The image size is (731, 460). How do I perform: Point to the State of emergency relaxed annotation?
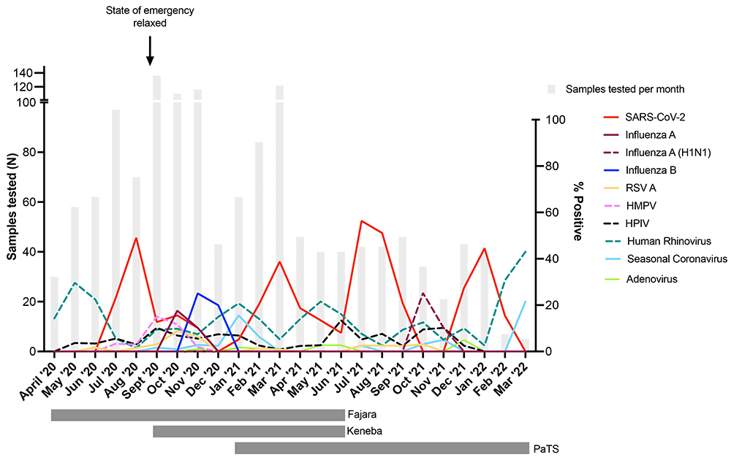pyautogui.click(x=150, y=15)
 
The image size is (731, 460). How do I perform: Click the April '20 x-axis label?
pyautogui.click(x=37, y=378)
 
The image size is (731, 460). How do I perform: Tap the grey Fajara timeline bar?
pyautogui.click(x=197, y=415)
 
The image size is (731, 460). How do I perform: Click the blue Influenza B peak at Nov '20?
pyautogui.click(x=197, y=294)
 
